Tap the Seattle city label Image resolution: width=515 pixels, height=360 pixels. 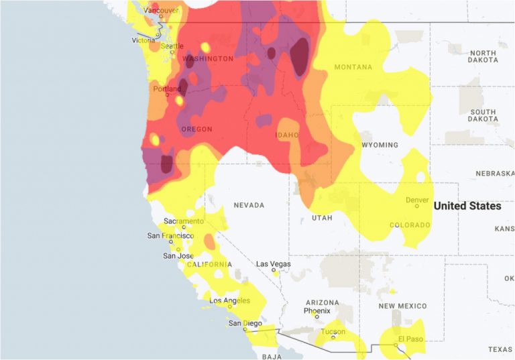(172, 46)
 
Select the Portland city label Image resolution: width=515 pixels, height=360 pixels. (166, 88)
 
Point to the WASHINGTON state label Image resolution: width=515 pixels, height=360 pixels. (208, 59)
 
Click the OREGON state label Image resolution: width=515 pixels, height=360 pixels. (197, 129)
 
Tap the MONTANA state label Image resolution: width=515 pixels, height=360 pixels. (353, 67)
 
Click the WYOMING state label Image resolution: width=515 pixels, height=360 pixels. (379, 145)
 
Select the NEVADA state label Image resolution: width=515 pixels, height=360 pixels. (248, 205)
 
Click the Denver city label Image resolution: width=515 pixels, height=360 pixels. (417, 200)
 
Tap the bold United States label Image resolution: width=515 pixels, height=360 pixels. (467, 206)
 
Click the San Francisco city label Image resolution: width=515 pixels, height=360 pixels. (170, 236)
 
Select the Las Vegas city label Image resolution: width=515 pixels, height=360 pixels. (274, 264)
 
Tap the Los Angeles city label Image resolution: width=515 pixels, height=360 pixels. (229, 300)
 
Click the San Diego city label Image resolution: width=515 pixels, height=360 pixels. (244, 323)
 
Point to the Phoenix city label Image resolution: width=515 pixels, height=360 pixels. (317, 311)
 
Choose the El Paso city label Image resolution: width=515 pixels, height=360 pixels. (410, 339)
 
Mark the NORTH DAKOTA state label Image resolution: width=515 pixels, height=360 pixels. (483, 56)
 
